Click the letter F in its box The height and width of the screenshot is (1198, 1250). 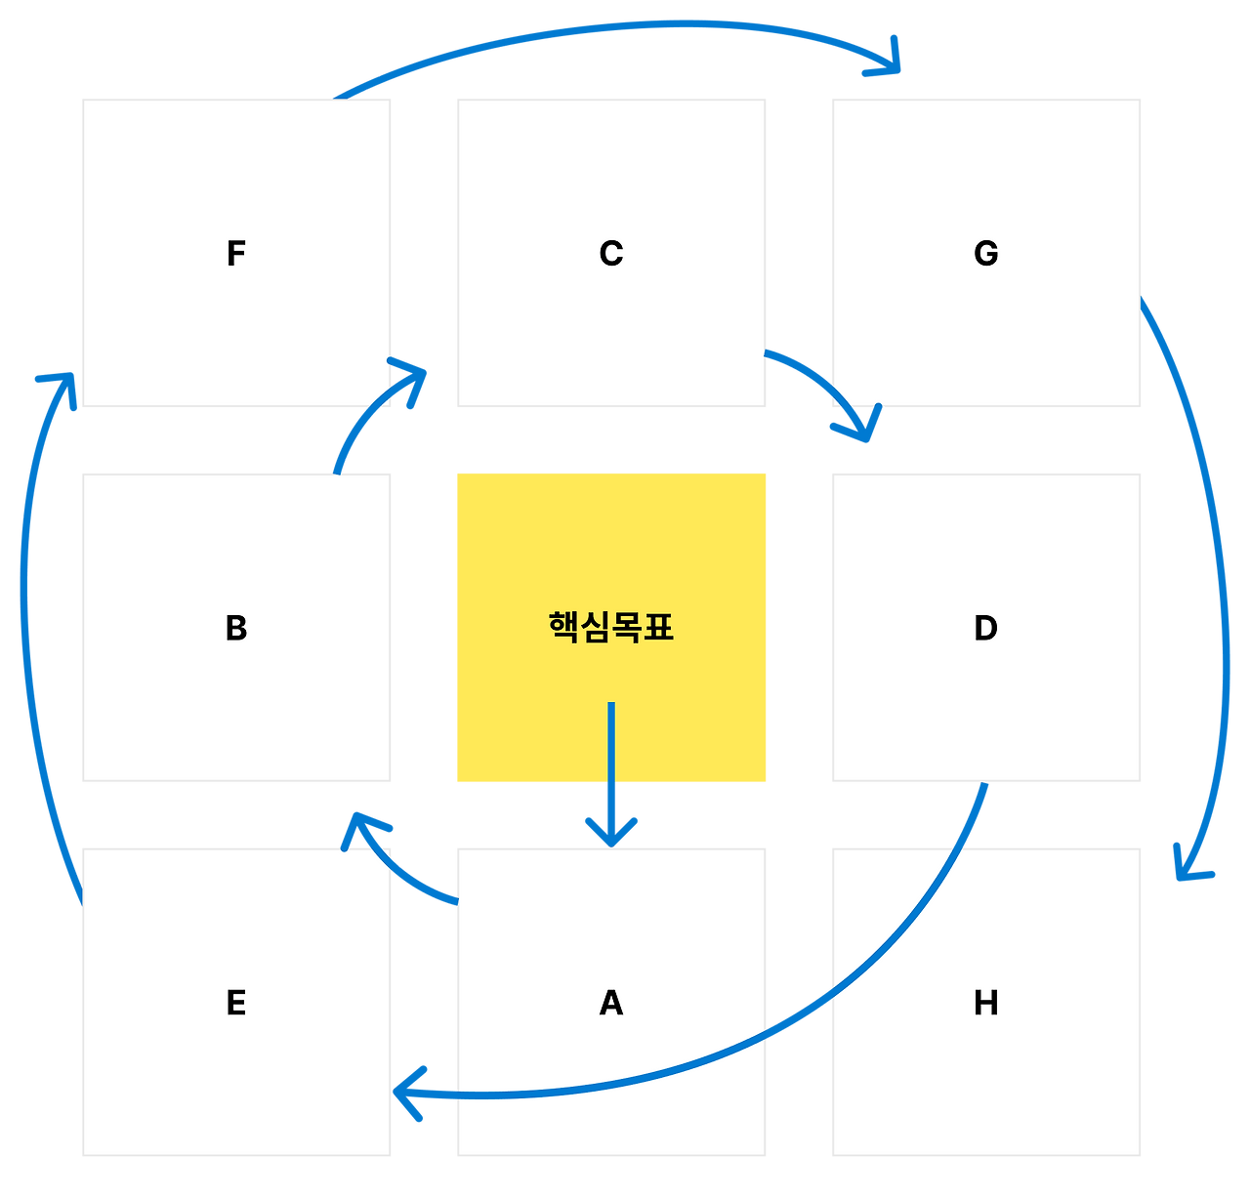tap(235, 254)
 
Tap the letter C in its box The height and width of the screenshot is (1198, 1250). tap(611, 254)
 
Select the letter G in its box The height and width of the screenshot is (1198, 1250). tap(986, 254)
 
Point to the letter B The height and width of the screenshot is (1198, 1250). tap(235, 628)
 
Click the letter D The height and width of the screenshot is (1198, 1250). tap(986, 628)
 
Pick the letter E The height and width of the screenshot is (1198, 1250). tap(235, 1003)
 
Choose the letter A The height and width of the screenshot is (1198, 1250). tap(611, 1003)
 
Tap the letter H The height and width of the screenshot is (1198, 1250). tap(986, 1003)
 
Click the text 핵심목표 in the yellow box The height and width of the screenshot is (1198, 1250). tap(611, 627)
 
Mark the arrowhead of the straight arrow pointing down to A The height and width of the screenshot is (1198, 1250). tap(611, 835)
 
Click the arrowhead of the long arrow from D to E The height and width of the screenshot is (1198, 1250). tap(405, 1094)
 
